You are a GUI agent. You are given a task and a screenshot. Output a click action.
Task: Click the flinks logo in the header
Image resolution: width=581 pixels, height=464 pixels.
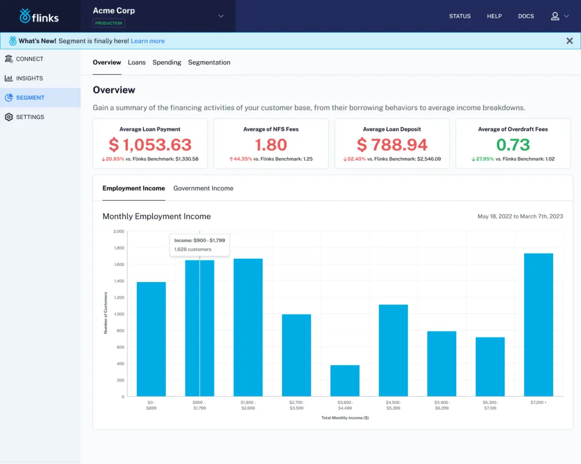point(39,16)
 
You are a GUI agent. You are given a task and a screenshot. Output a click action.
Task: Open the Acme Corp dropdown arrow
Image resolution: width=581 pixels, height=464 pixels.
point(221,16)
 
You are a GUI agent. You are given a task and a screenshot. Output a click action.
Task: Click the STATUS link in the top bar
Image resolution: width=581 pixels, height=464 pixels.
point(460,16)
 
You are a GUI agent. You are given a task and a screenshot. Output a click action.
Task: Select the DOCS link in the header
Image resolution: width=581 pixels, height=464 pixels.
point(526,16)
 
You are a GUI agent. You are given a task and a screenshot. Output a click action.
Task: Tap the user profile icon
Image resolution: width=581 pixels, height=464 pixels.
point(555,16)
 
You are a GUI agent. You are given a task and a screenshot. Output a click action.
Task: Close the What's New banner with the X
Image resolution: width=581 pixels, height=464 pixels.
point(570,41)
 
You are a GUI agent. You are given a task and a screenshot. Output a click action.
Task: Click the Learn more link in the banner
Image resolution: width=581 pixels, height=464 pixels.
point(148,41)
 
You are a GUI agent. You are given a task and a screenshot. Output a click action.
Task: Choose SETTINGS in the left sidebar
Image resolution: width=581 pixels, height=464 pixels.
point(30,117)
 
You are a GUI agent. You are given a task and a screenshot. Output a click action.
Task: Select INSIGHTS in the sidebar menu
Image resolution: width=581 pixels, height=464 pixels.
point(29,78)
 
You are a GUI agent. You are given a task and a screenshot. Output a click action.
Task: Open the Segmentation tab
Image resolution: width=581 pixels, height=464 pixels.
point(209,62)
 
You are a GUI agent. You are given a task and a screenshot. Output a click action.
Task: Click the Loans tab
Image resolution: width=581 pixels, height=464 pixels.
point(137,62)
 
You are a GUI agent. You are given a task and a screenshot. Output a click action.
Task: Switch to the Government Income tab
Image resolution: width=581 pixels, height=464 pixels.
point(203,188)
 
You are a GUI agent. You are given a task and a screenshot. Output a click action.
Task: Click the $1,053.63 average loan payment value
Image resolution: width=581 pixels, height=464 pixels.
point(150,145)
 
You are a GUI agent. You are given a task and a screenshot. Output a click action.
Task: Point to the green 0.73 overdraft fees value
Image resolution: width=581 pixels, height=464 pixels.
point(512,145)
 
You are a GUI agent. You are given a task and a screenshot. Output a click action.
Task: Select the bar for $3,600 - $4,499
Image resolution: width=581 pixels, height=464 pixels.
point(345,381)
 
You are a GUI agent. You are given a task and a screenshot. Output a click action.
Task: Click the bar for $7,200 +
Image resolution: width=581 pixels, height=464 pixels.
point(538,324)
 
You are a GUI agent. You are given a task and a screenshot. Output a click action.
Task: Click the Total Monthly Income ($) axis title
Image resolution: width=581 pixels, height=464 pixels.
point(345,418)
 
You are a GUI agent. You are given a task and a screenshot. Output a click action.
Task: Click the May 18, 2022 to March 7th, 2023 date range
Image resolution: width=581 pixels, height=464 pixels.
point(520,217)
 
